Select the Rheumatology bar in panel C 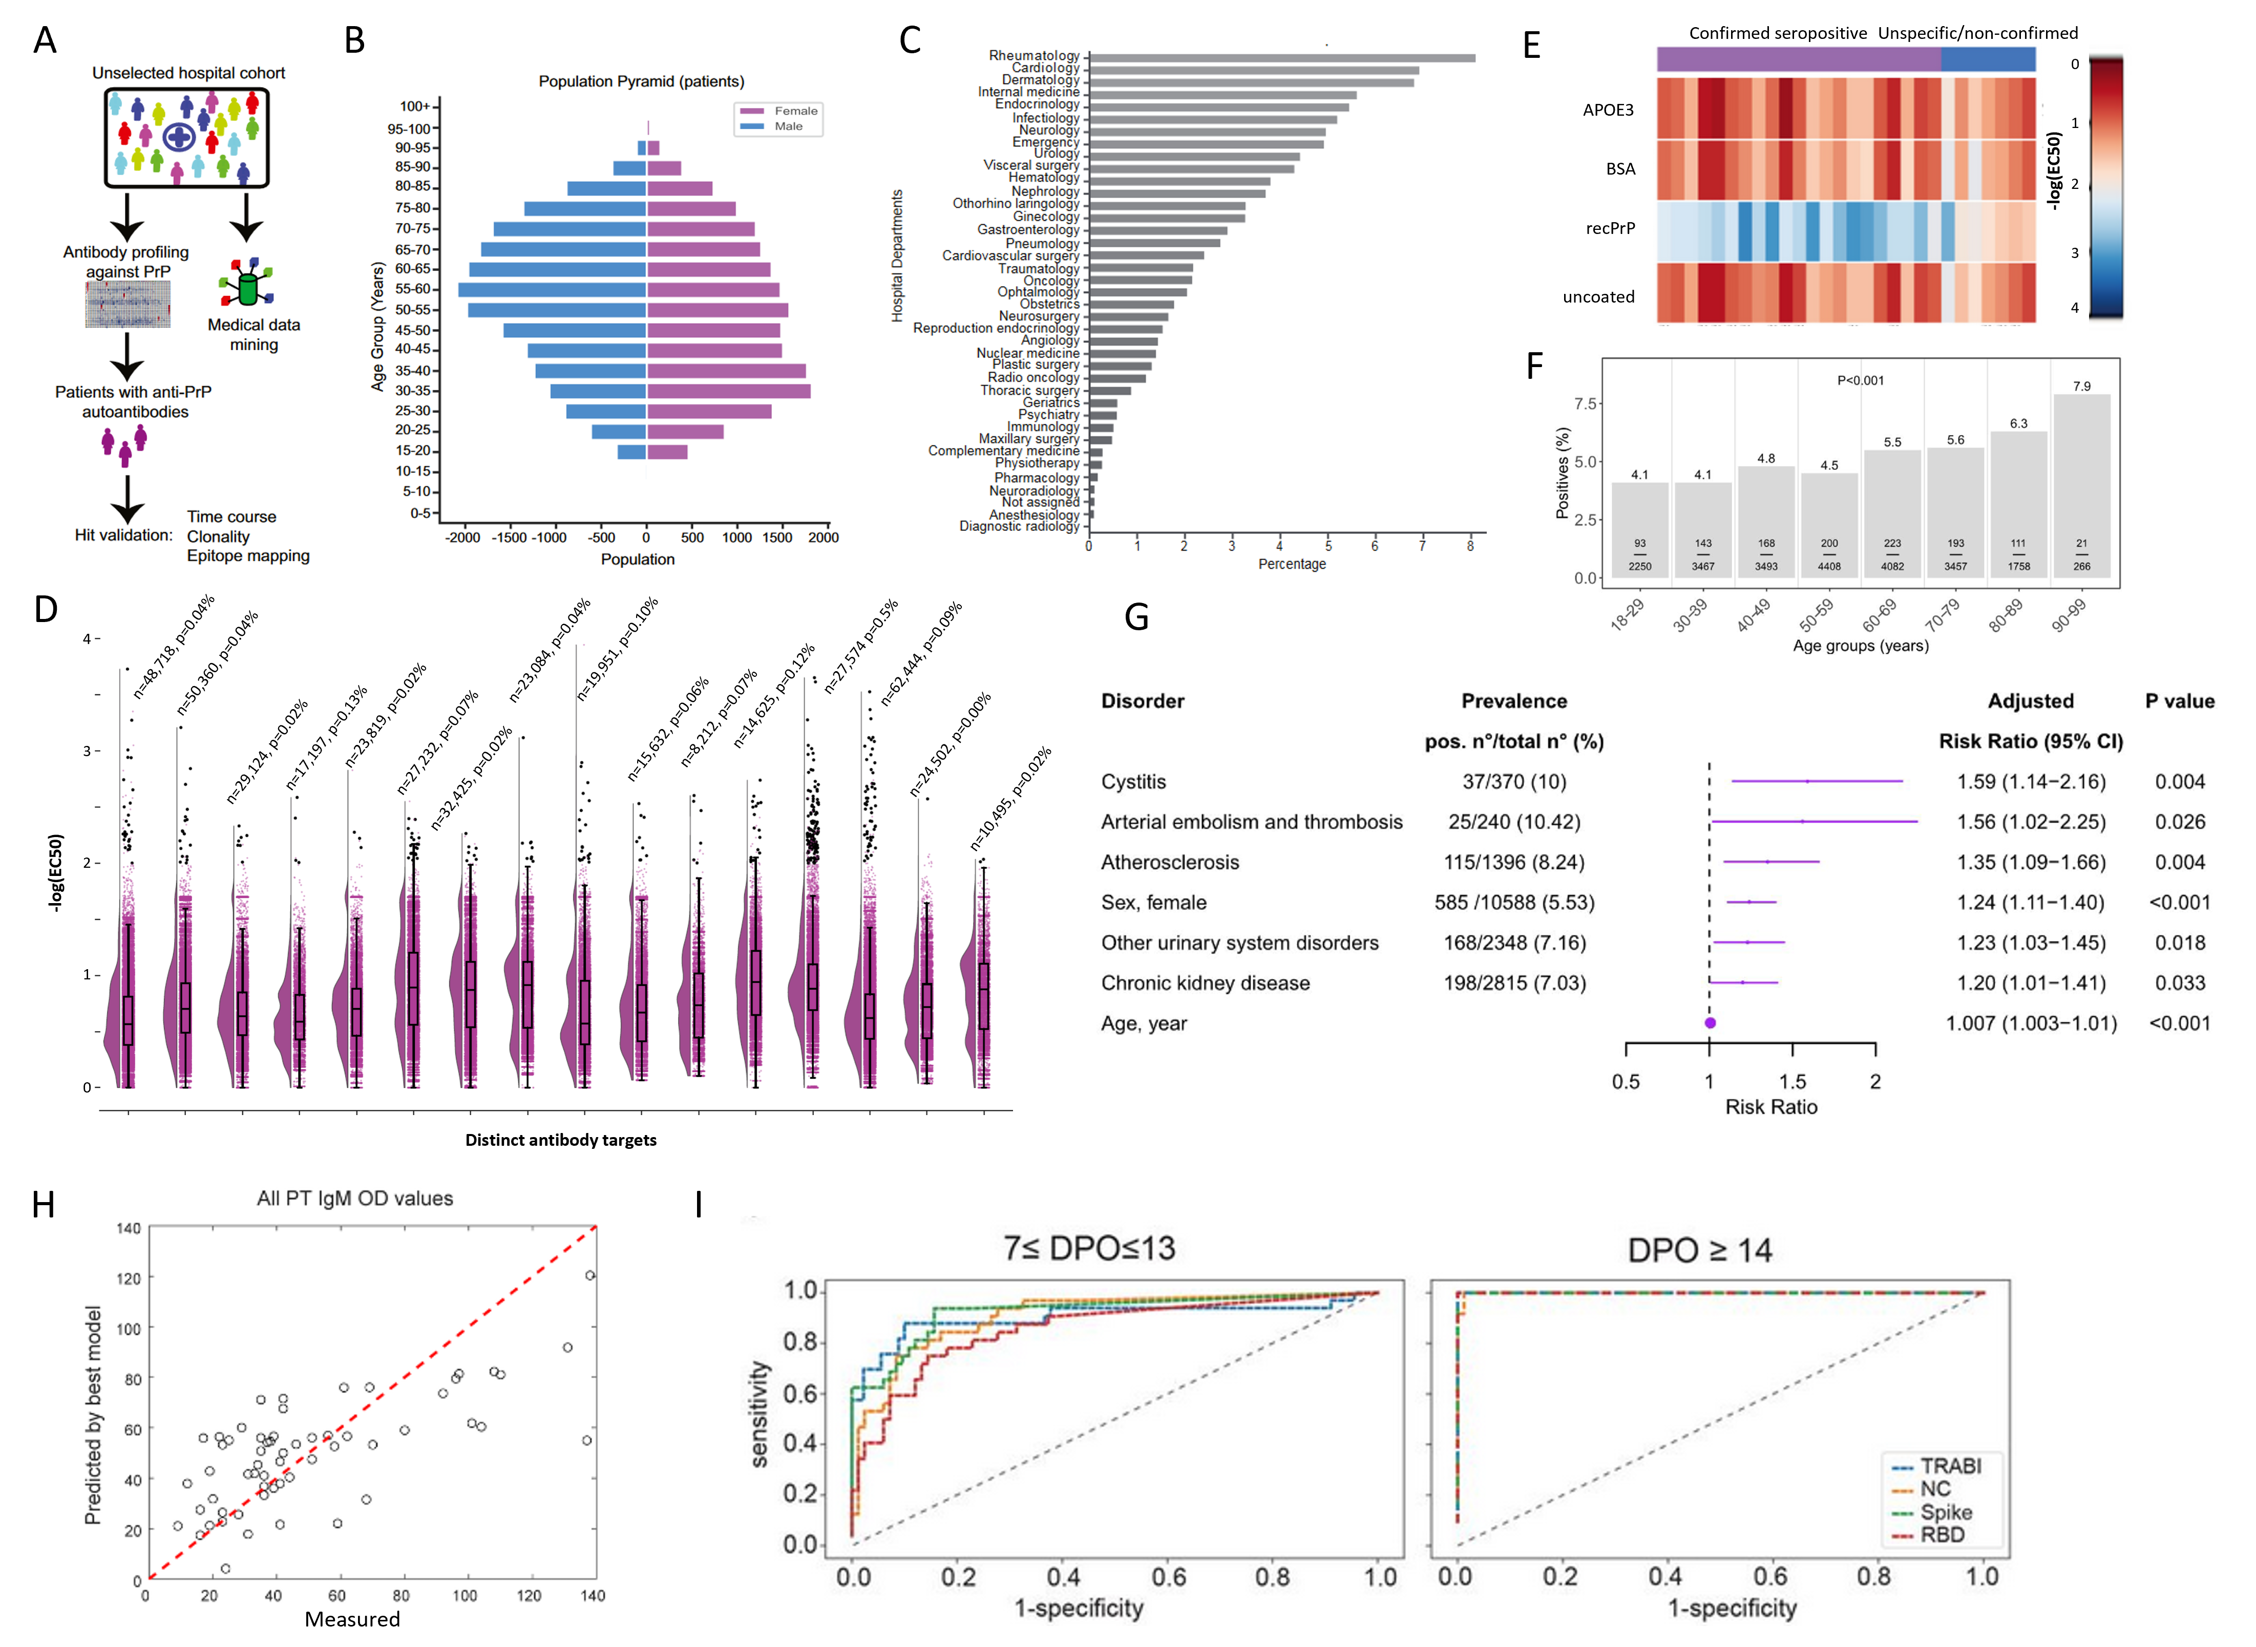(1281, 58)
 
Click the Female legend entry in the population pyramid (795, 111)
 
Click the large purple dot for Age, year (1710, 1023)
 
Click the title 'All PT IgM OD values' (355, 1199)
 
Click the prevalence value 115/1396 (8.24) (1514, 862)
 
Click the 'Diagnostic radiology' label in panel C (1019, 526)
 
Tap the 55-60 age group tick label (413, 289)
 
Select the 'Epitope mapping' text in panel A (248, 557)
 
